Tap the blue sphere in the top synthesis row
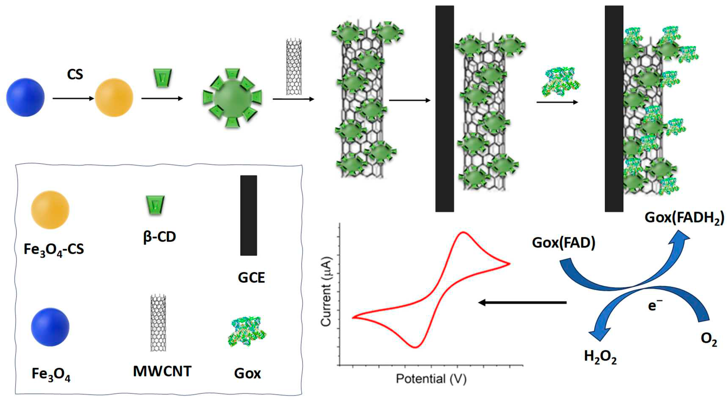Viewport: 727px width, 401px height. point(25,97)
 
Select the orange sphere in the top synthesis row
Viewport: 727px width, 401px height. point(114,97)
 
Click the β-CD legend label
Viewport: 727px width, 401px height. point(159,237)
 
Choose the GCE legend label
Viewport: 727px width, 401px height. point(251,278)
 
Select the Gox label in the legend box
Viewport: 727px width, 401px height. point(247,374)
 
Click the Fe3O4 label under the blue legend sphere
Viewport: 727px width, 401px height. point(51,374)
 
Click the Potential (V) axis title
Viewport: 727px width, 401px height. point(431,379)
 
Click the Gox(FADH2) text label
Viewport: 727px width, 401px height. point(684,218)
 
